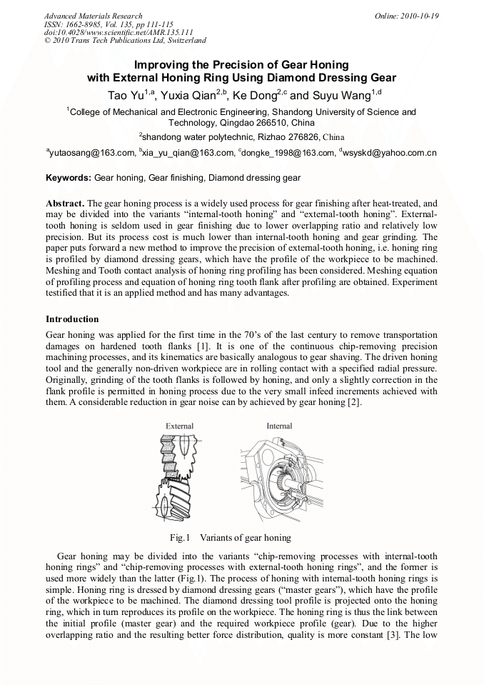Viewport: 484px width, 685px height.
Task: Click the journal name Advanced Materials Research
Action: pyautogui.click(x=93, y=16)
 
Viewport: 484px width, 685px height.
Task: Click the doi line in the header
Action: pyautogui.click(x=119, y=32)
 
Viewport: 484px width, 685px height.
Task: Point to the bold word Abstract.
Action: pyautogui.click(x=66, y=203)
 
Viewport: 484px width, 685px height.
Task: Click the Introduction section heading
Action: pyautogui.click(x=72, y=319)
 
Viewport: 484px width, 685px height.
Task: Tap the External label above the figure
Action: pyautogui.click(x=179, y=426)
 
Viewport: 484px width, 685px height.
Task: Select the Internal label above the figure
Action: pyautogui.click(x=279, y=426)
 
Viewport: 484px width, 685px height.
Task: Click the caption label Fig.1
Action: pyautogui.click(x=178, y=537)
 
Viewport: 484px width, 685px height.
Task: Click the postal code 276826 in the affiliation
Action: pyautogui.click(x=289, y=136)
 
